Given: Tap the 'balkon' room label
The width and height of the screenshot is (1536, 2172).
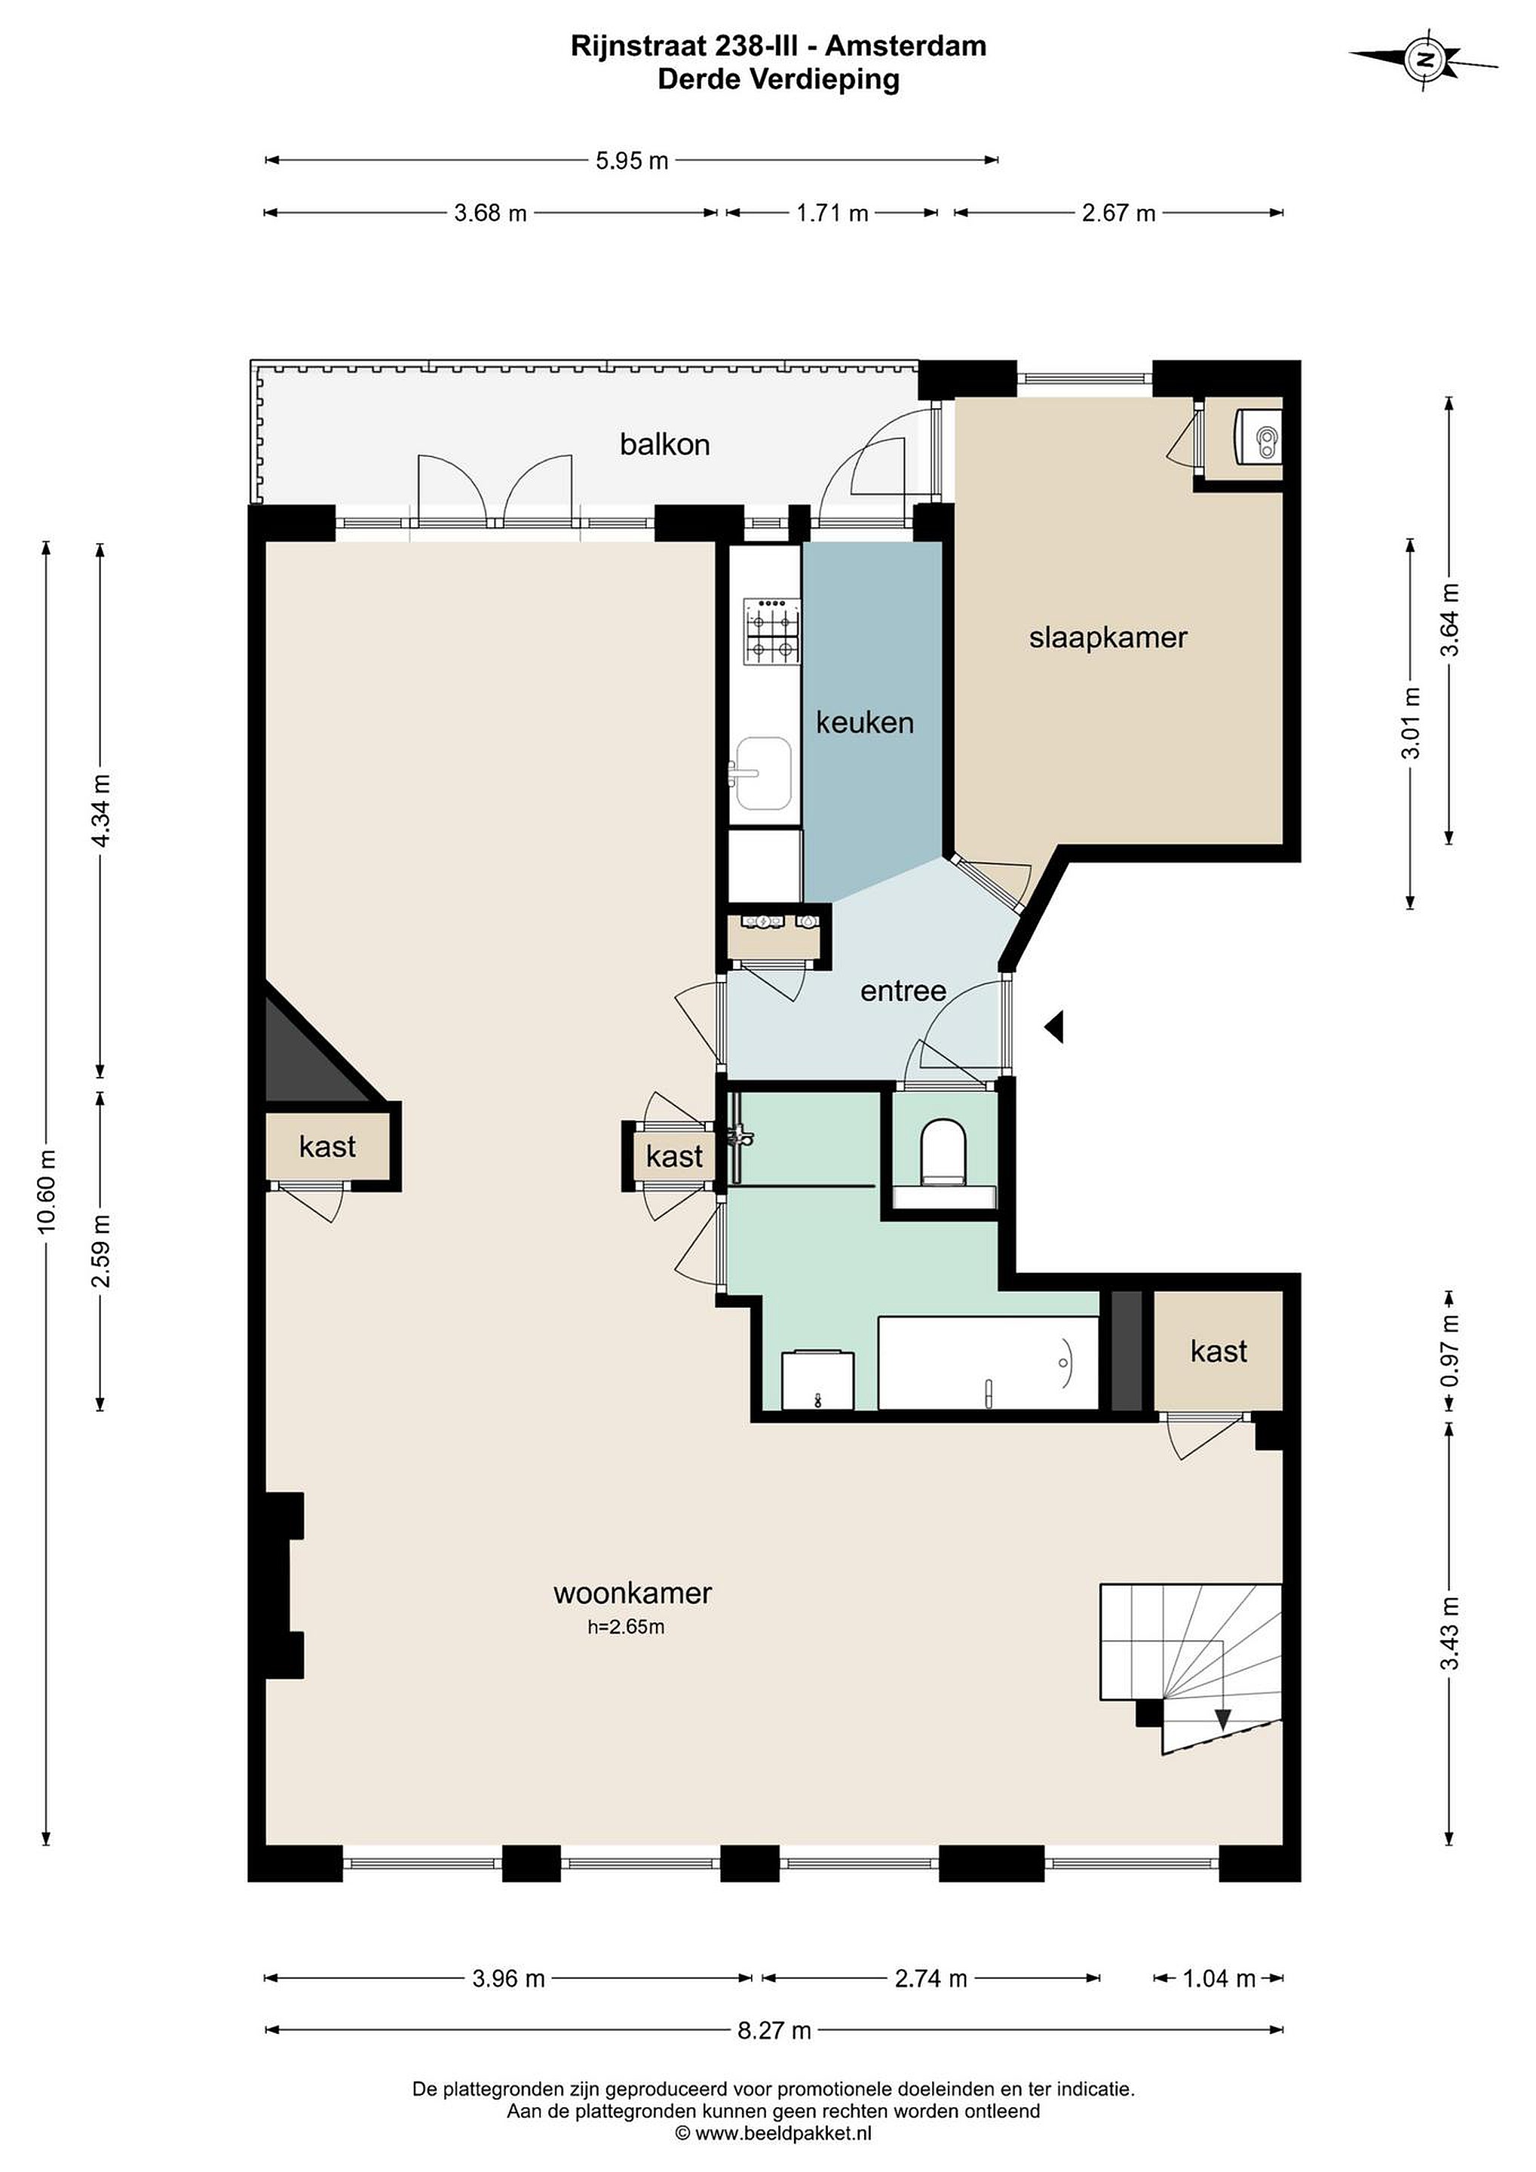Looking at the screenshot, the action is (x=664, y=445).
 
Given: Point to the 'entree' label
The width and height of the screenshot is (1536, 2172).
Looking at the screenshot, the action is (x=903, y=992).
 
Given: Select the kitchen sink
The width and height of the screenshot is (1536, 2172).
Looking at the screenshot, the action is (x=762, y=774).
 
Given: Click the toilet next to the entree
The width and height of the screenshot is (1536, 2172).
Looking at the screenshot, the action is (x=943, y=1152).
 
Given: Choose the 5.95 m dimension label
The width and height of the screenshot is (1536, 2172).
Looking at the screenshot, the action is (x=632, y=161).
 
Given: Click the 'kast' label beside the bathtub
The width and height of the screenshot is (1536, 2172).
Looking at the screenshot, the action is (x=1219, y=1351).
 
